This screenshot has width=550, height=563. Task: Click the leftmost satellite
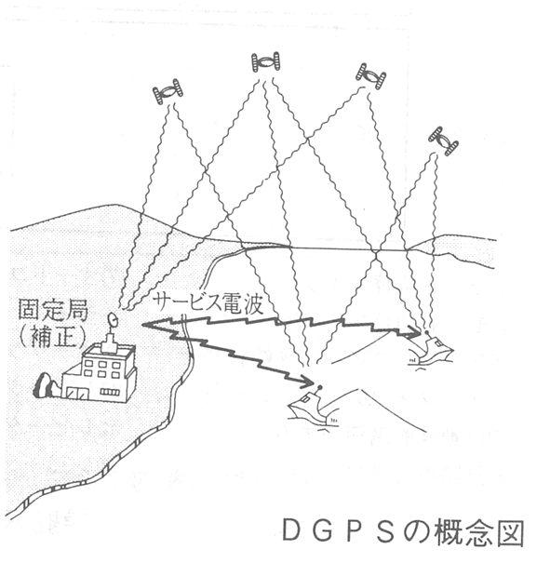[168, 91]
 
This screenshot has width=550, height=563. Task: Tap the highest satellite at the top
[265, 62]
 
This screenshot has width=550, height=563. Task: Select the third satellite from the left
[371, 75]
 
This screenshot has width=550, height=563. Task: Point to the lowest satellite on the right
[443, 141]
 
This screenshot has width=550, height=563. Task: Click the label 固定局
[53, 310]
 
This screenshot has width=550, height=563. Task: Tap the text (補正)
[52, 337]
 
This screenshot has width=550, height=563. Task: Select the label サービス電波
[208, 304]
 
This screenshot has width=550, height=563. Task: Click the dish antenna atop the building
[114, 320]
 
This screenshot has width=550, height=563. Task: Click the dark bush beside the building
[46, 385]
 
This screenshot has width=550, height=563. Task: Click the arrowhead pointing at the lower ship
[308, 382]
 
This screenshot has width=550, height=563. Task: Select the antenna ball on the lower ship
[320, 387]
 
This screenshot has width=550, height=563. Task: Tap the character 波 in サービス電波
[253, 304]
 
